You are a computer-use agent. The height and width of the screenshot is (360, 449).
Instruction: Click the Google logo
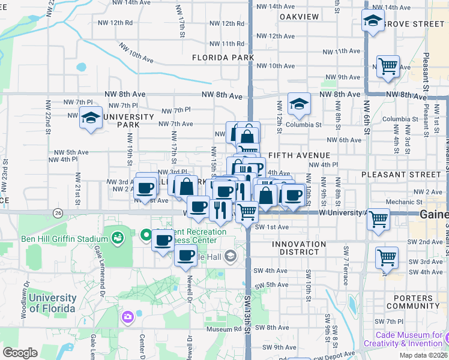tap(20, 352)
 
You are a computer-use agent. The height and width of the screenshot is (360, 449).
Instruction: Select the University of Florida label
tap(52, 303)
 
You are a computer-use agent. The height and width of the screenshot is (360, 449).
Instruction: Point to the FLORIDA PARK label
tap(223, 58)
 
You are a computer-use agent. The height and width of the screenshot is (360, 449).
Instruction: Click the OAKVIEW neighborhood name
tap(299, 16)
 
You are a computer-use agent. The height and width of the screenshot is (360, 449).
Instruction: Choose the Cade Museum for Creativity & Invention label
tap(411, 339)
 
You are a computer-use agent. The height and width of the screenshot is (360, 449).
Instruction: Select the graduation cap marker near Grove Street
tap(373, 21)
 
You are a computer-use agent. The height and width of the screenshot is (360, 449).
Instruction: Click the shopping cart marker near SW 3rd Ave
tap(387, 257)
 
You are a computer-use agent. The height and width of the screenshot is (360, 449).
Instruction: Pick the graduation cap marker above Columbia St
tap(298, 104)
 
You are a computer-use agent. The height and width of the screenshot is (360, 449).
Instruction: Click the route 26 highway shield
tap(58, 212)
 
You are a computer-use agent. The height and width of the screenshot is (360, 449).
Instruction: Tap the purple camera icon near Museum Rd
tap(127, 316)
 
